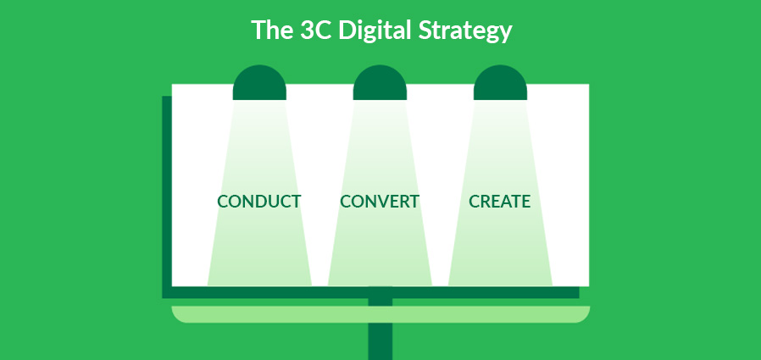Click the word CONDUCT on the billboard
click(258, 202)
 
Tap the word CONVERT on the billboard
click(380, 202)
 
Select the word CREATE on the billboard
click(499, 202)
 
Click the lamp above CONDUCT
click(259, 82)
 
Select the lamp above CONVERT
click(380, 82)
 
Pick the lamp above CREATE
click(500, 82)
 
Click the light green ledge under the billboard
click(380, 314)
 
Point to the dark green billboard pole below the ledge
click(380, 341)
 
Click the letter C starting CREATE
click(475, 202)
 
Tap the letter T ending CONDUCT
click(296, 202)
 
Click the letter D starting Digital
click(347, 30)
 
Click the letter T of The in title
click(258, 30)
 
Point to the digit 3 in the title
click(306, 30)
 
